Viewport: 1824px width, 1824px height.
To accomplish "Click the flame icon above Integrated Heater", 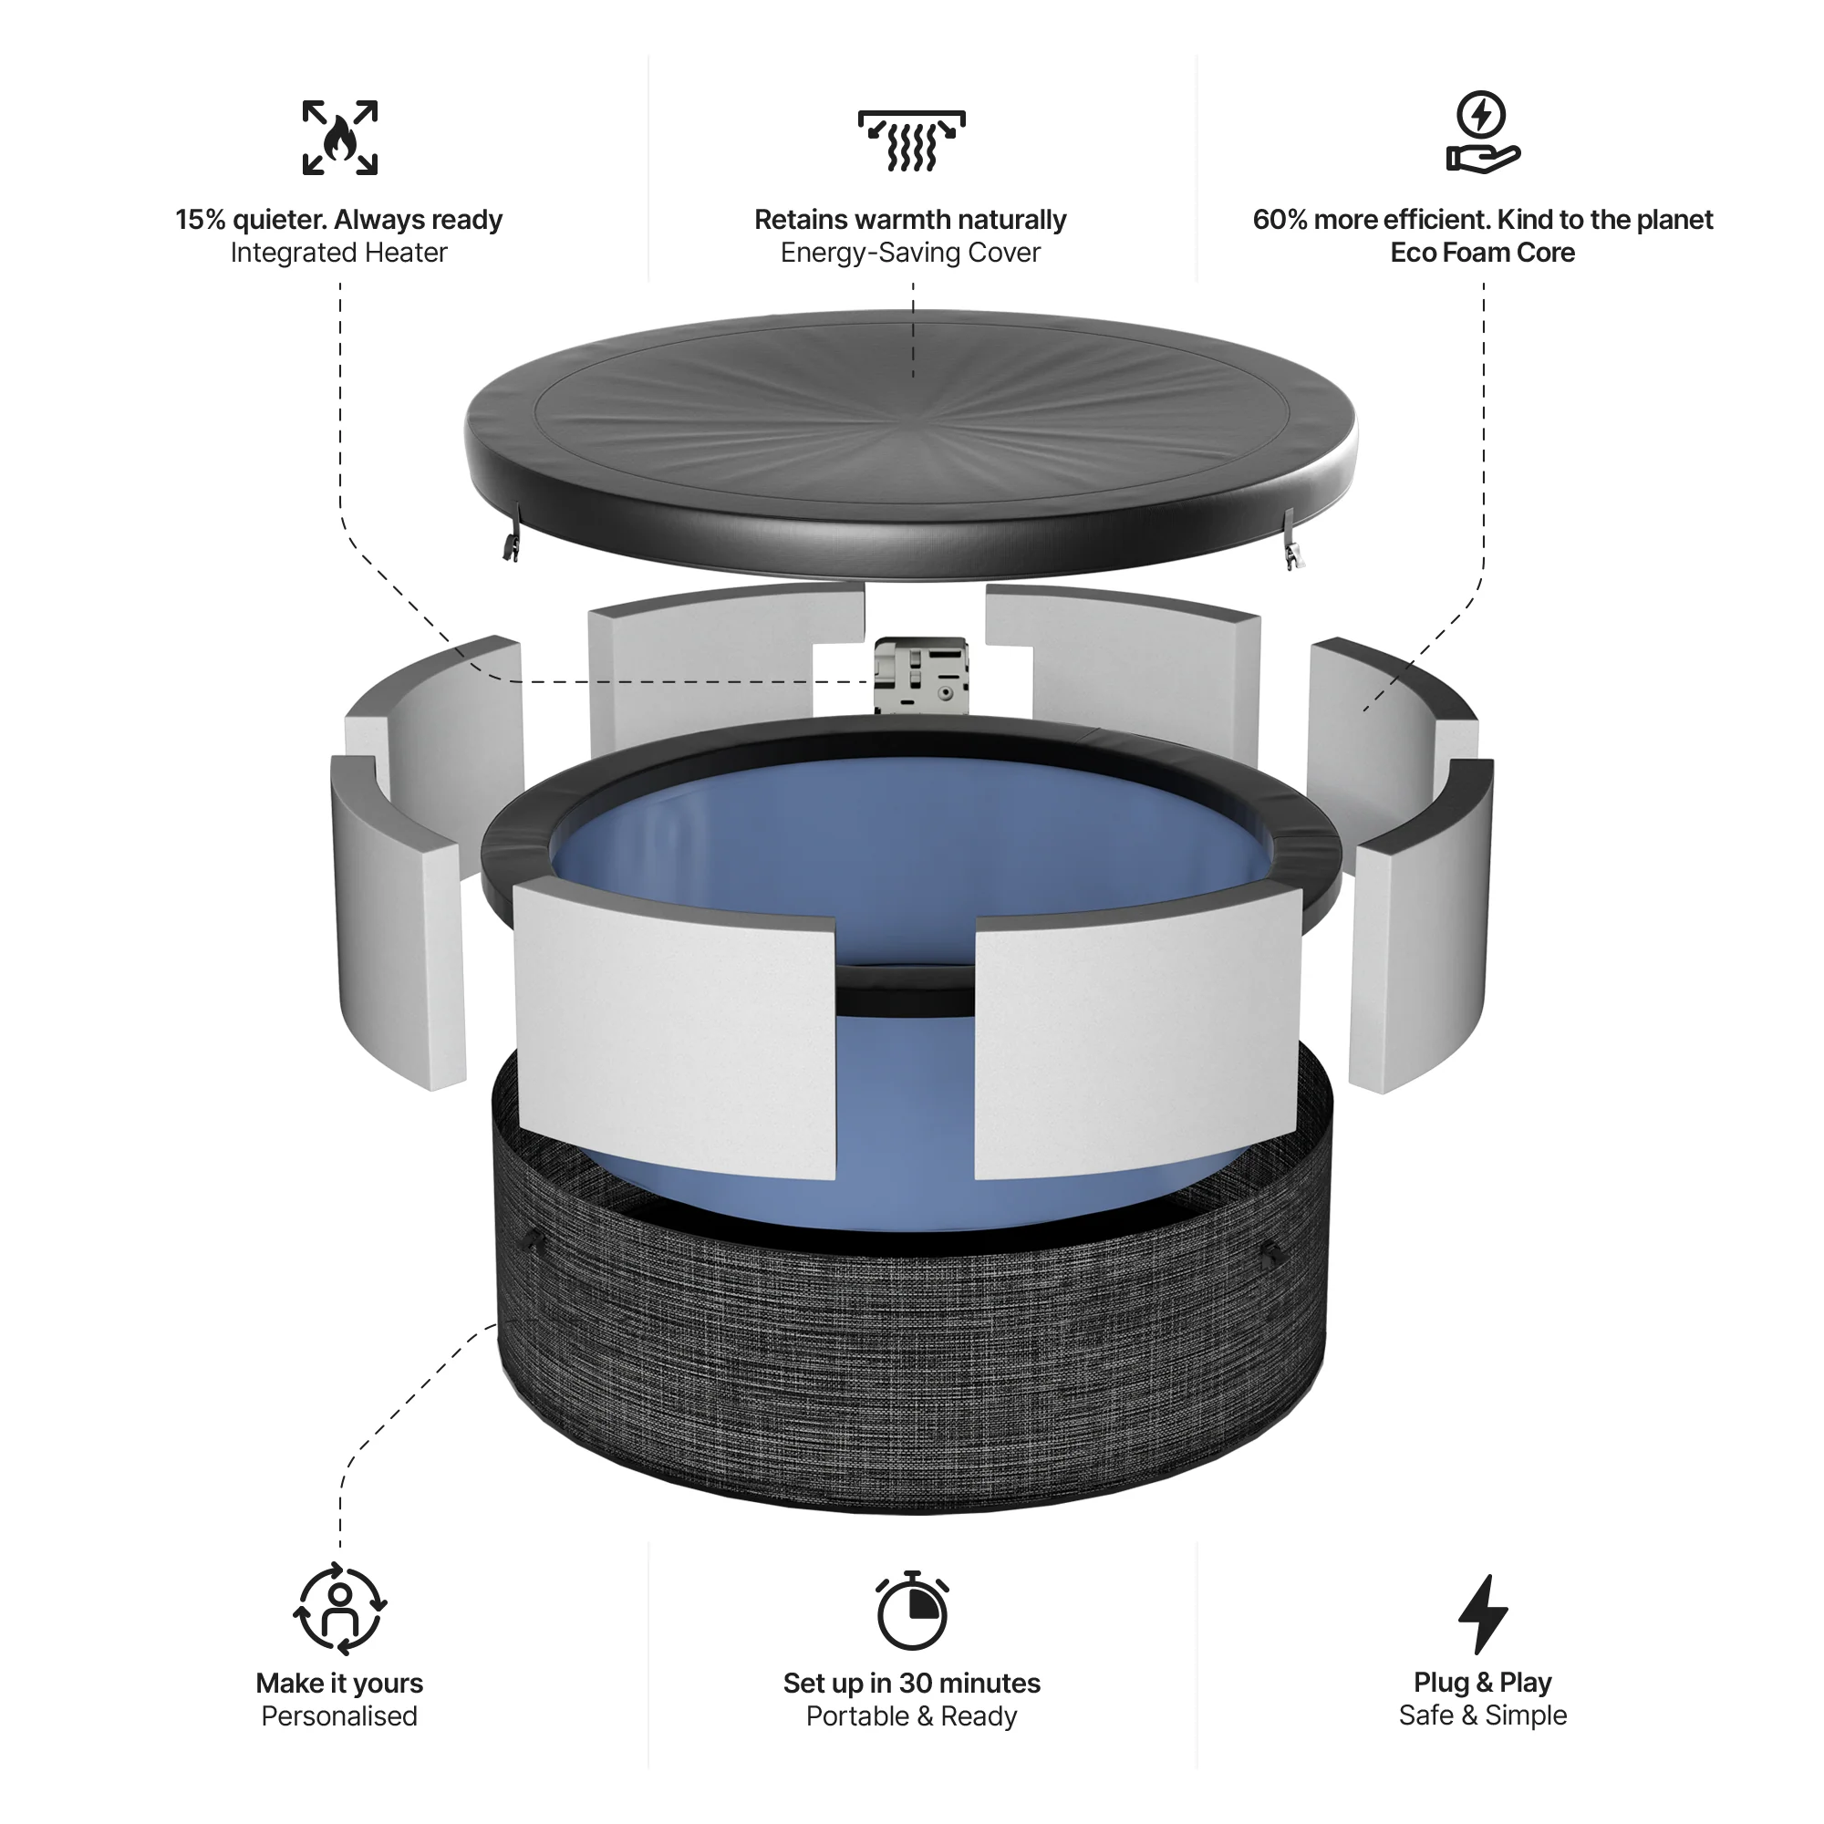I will click(x=340, y=138).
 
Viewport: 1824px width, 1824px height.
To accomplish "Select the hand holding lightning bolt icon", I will click(x=1482, y=134).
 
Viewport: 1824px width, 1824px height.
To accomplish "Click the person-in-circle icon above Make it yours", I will click(x=340, y=1610).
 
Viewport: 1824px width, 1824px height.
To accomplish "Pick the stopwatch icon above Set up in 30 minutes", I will click(x=911, y=1612).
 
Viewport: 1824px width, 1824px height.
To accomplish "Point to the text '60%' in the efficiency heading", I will click(x=1280, y=220).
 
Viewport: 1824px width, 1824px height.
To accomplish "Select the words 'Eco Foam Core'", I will click(x=1482, y=253).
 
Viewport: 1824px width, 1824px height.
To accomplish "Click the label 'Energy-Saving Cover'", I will click(x=910, y=253).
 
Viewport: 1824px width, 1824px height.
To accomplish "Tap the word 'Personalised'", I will click(x=339, y=1716).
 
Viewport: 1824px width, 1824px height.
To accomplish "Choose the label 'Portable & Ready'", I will click(x=911, y=1716).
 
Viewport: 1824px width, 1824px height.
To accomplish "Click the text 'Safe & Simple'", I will click(x=1482, y=1715).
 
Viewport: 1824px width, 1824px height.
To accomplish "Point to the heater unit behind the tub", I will click(x=921, y=675).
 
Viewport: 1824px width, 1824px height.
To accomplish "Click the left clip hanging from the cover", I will click(x=512, y=543).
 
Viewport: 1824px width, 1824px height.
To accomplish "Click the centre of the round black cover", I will click(x=911, y=415).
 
